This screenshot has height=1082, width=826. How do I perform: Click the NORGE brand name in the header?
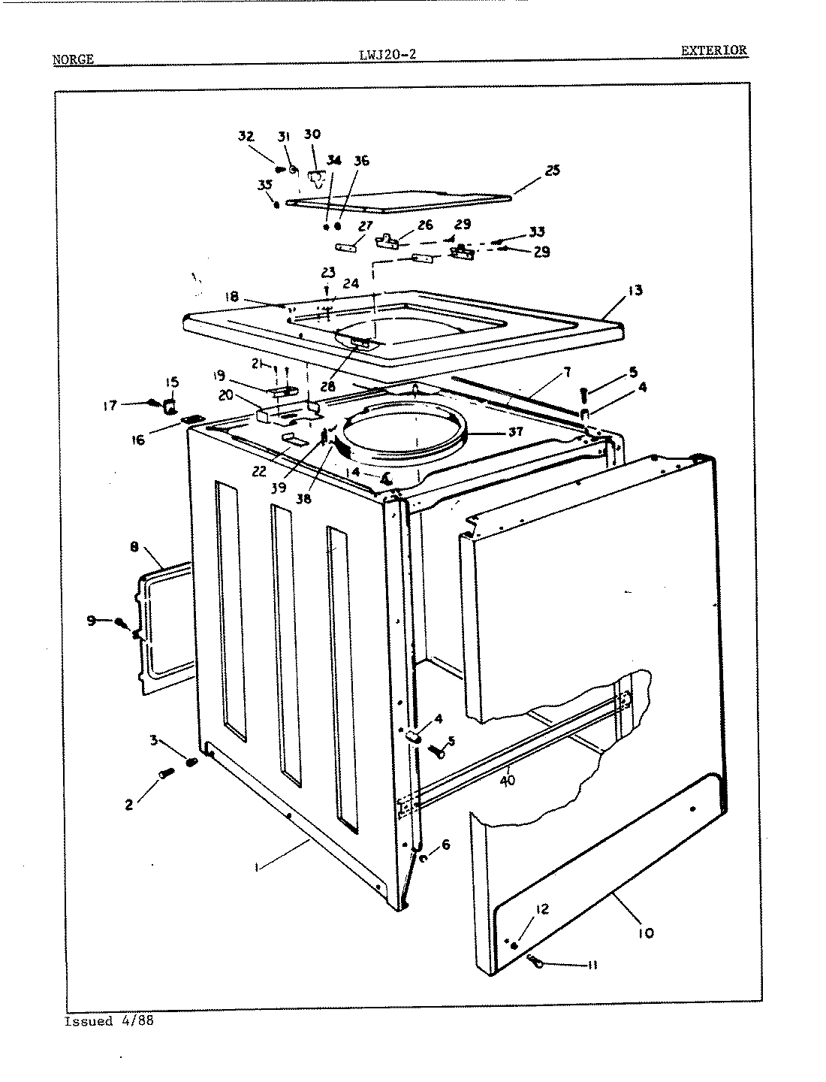click(73, 59)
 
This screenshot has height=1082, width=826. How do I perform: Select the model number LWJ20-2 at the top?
click(388, 53)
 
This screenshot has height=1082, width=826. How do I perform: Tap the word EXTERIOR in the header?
click(713, 50)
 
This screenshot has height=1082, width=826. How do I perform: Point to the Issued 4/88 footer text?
click(109, 1021)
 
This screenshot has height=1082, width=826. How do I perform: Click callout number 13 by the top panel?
click(635, 291)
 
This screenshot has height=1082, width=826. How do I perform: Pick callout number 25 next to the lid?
click(552, 171)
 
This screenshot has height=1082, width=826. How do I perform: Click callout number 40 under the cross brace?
click(508, 779)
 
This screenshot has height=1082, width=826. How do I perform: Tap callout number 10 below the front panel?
click(645, 932)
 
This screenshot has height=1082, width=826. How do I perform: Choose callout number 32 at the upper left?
click(246, 136)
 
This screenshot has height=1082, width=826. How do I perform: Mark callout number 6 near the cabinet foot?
click(445, 845)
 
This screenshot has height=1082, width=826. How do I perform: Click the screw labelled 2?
click(167, 773)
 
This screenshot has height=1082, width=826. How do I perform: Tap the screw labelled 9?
click(120, 623)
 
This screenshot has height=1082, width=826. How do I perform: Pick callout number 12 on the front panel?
click(541, 910)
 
